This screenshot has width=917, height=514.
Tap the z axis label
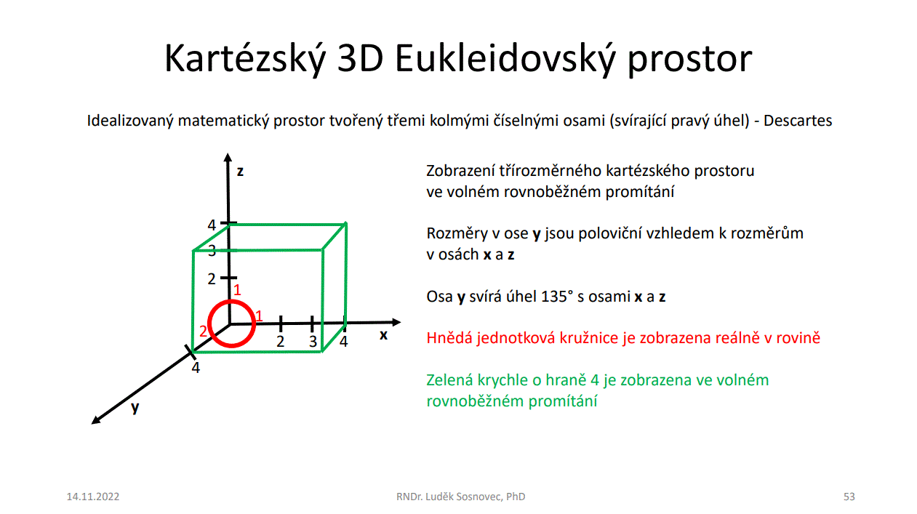coord(240,172)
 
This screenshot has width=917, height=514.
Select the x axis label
coord(383,335)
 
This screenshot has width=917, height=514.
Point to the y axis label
coord(135,408)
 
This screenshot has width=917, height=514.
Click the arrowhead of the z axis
coord(228,158)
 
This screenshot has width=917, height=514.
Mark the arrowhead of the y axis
coord(95,420)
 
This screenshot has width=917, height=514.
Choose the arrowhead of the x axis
coord(396,323)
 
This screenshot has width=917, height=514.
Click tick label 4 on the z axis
coord(211,225)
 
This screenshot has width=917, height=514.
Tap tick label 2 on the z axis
coord(211,279)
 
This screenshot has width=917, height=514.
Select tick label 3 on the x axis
coord(313,342)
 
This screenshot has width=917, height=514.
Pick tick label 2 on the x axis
coord(281,341)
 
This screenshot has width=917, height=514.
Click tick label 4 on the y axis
coord(196,368)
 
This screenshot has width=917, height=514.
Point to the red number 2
coord(203,331)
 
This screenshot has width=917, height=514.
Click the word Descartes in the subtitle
coord(798,121)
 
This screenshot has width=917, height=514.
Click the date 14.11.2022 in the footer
coord(93,497)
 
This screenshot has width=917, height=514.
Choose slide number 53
coord(849,497)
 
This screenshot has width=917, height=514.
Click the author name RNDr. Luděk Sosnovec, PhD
coord(460,497)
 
